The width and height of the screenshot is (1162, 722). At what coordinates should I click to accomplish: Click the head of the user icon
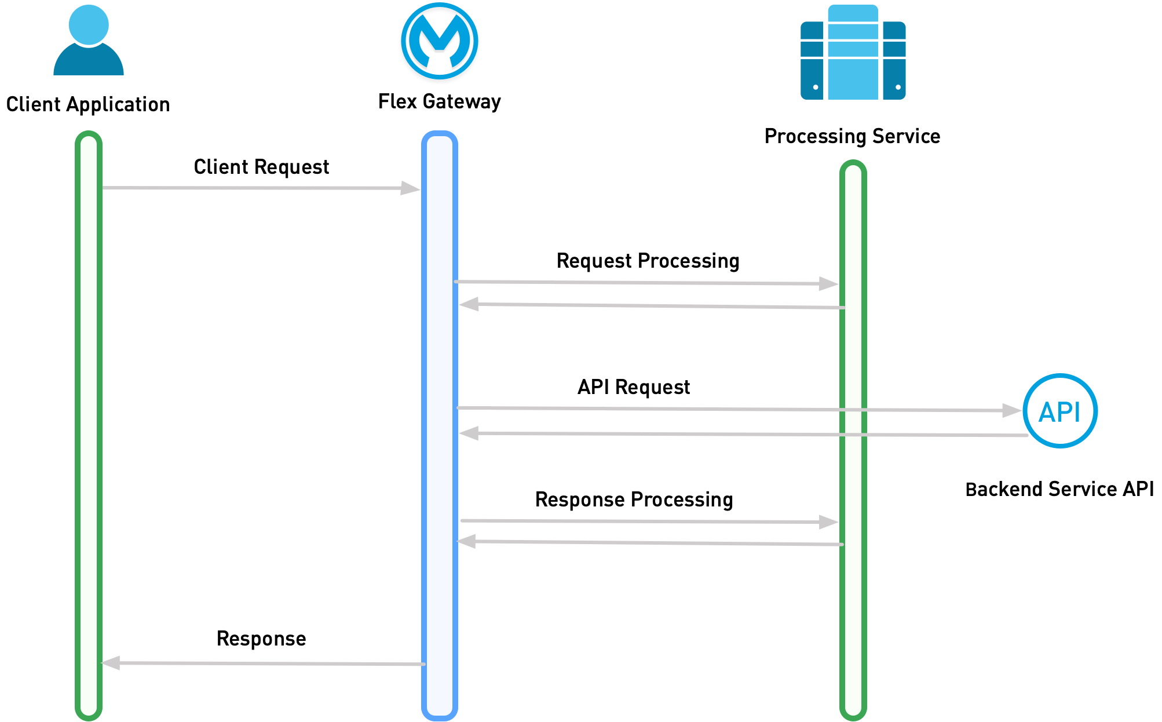pyautogui.click(x=89, y=24)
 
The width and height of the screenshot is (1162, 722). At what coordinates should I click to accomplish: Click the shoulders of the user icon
pyautogui.click(x=89, y=63)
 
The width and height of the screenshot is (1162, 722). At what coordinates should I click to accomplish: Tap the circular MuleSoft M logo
pyautogui.click(x=440, y=41)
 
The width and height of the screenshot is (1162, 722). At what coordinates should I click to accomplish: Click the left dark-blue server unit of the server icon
pyautogui.click(x=812, y=61)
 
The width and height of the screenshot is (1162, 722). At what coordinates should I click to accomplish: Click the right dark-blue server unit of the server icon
pyautogui.click(x=894, y=61)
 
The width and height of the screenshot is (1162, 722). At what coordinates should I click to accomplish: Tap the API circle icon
pyautogui.click(x=1060, y=411)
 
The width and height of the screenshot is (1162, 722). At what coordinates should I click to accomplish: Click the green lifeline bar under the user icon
pyautogui.click(x=89, y=406)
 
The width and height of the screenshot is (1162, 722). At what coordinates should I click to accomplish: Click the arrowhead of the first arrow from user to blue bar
pyautogui.click(x=411, y=188)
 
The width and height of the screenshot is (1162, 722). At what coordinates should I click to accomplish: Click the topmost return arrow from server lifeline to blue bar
pyautogui.click(x=649, y=306)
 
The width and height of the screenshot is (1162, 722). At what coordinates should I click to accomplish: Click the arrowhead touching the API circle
pyautogui.click(x=1012, y=411)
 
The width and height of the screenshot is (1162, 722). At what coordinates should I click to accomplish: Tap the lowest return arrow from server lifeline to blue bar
pyautogui.click(x=649, y=543)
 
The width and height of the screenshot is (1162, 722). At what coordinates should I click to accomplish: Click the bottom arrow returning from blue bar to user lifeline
pyautogui.click(x=261, y=663)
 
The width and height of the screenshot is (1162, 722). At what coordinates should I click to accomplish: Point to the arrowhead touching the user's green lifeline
pyautogui.click(x=111, y=663)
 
